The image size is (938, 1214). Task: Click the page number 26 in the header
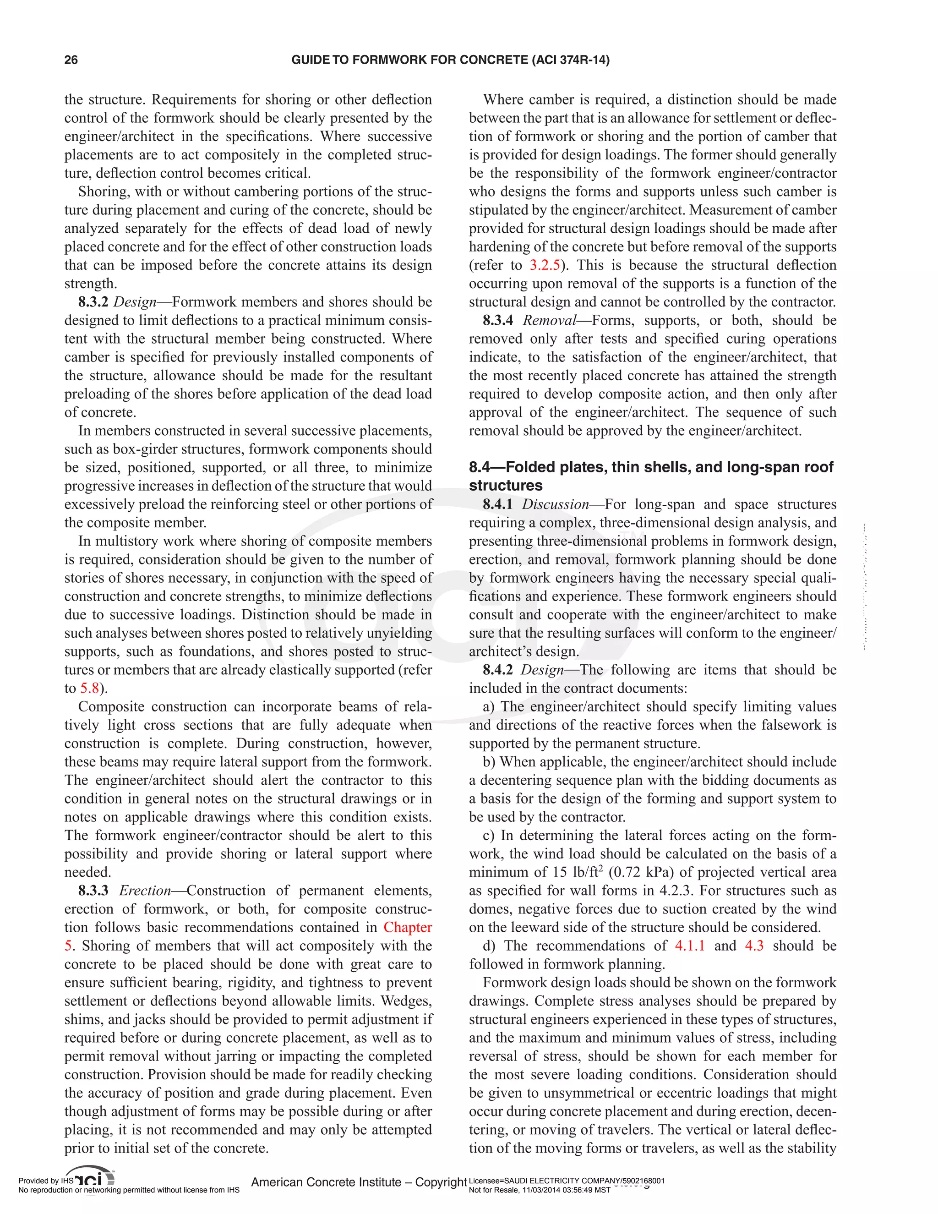71,60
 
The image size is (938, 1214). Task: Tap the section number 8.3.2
93,302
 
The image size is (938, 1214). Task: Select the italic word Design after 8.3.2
135,302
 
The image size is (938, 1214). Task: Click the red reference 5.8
89,688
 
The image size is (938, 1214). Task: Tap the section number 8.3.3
93,891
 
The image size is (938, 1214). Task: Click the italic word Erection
145,891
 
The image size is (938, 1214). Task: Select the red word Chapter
407,927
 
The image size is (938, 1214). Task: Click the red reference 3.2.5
545,265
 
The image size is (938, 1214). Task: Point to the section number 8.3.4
498,320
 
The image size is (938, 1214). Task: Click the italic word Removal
549,320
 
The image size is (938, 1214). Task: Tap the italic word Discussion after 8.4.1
555,504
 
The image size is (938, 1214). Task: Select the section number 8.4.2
498,670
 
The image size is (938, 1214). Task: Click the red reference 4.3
754,946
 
